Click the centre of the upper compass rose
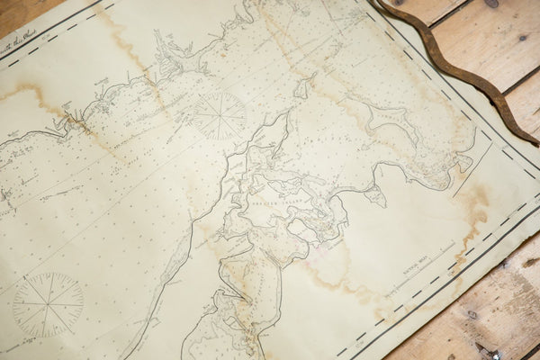(220, 115)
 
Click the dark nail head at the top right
(492, 4)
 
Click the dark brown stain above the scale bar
(472, 203)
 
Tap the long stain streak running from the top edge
(126, 45)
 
